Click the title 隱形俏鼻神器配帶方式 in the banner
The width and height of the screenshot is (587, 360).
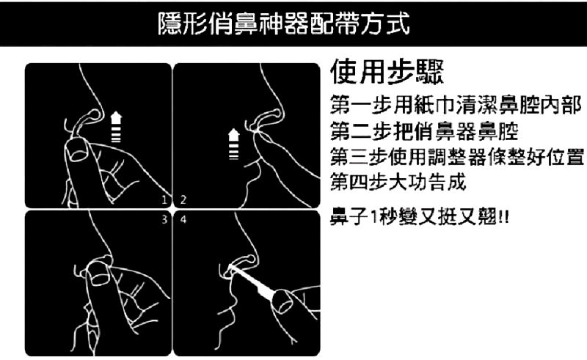tap(283, 23)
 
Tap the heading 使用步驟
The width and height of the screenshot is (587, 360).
tap(387, 72)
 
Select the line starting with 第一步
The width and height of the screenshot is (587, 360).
tap(456, 105)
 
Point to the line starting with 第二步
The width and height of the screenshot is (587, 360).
tap(424, 131)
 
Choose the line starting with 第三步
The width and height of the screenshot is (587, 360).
tap(457, 157)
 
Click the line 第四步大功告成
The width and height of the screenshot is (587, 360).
tap(398, 183)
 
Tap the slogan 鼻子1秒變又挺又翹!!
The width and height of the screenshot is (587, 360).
tap(420, 216)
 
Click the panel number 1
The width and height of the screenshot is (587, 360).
tap(164, 200)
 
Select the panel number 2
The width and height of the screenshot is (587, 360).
tap(183, 200)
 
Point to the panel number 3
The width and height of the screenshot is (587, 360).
tap(164, 220)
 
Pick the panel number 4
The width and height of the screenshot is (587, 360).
tap(183, 220)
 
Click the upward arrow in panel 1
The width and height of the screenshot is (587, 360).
tap(117, 127)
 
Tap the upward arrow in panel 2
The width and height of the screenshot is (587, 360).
tap(234, 144)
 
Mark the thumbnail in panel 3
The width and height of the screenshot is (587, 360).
tap(98, 273)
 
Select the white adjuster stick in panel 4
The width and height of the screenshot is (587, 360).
tap(252, 282)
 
